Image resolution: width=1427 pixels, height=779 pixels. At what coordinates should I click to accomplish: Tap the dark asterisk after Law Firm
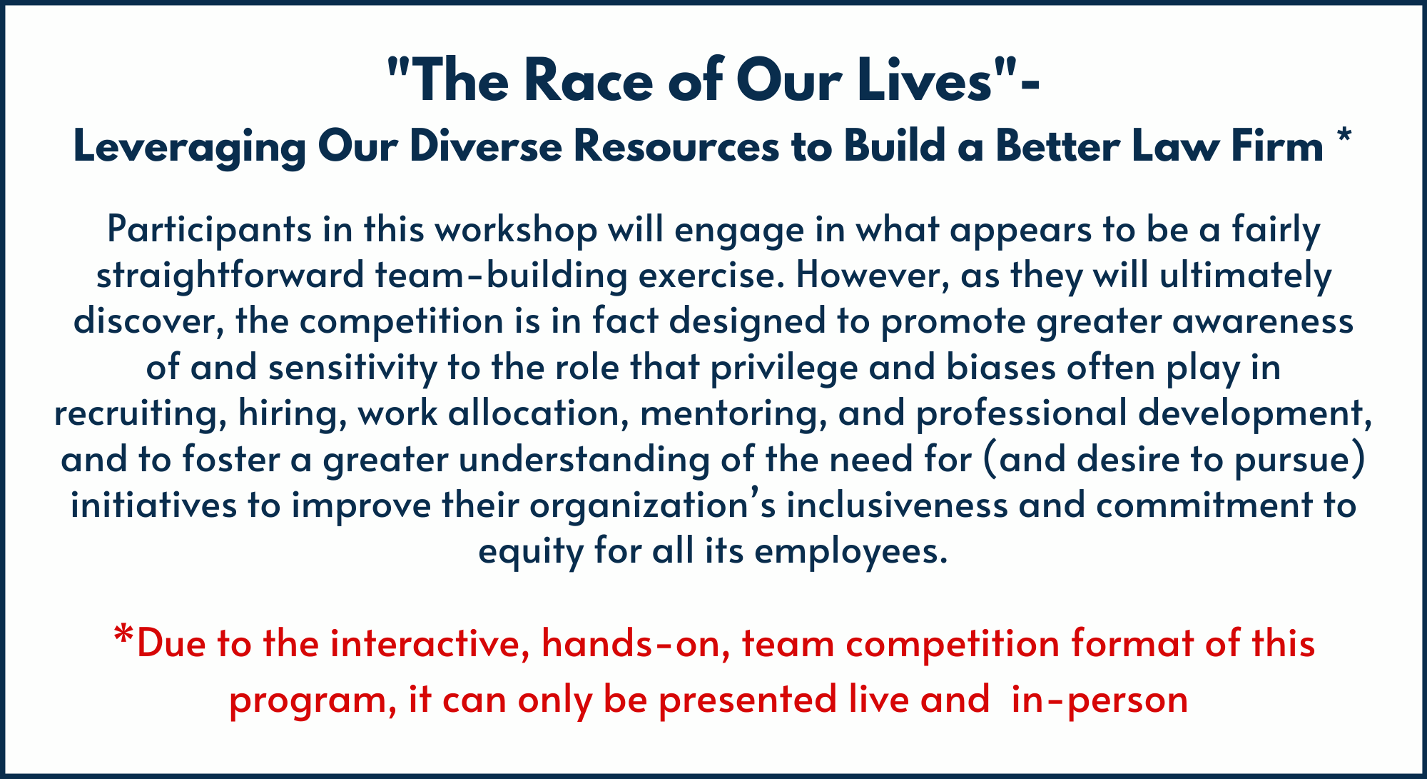point(1344,137)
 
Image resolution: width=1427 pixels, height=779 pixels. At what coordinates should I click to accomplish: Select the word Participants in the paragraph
point(209,231)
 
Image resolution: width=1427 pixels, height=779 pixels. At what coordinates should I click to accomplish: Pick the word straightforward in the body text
point(230,276)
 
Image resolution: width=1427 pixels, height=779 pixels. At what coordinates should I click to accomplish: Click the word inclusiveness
point(897,506)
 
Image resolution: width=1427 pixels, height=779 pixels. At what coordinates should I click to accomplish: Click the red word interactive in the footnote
point(431,644)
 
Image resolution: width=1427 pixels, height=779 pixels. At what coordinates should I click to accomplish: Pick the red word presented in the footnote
point(748,700)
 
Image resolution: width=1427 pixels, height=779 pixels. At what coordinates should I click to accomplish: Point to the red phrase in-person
point(1100,700)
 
